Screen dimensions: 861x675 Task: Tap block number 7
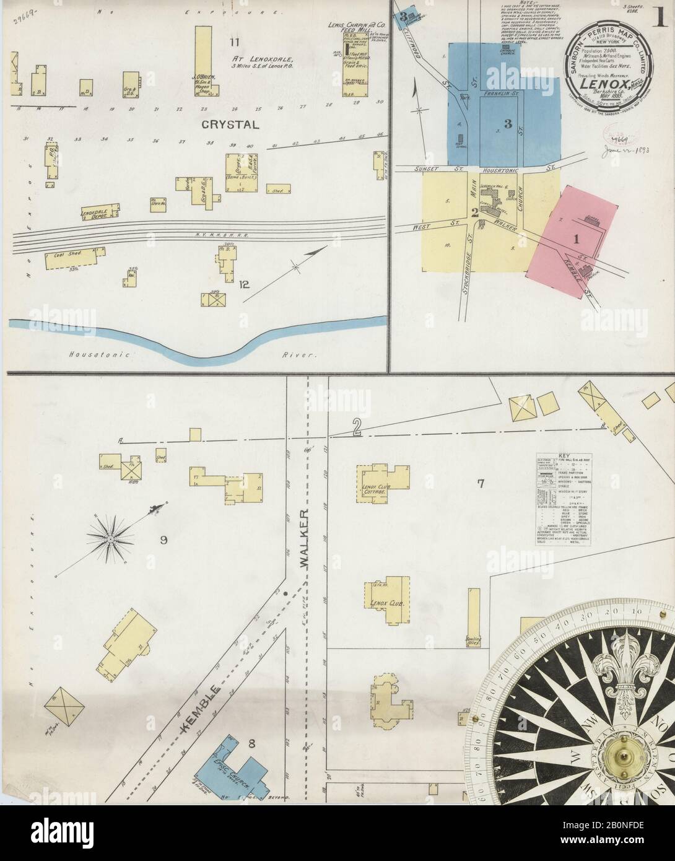(480, 483)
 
